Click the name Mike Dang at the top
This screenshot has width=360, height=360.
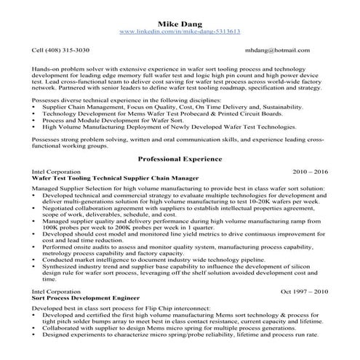tap(180, 22)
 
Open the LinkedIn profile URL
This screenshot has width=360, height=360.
tap(180, 32)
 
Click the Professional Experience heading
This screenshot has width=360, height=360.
tap(180, 158)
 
